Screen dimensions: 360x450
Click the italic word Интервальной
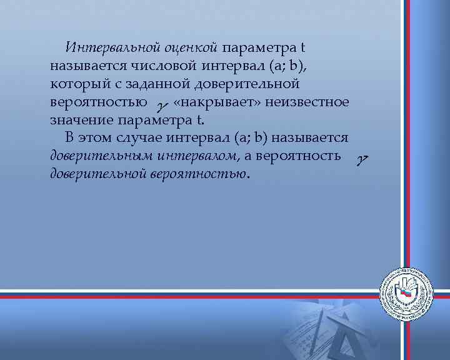coord(116,47)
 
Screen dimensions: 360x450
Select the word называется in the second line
coord(87,65)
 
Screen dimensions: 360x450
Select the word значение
coord(77,119)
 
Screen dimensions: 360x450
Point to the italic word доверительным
coord(101,155)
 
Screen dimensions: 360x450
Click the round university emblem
coord(407,292)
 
